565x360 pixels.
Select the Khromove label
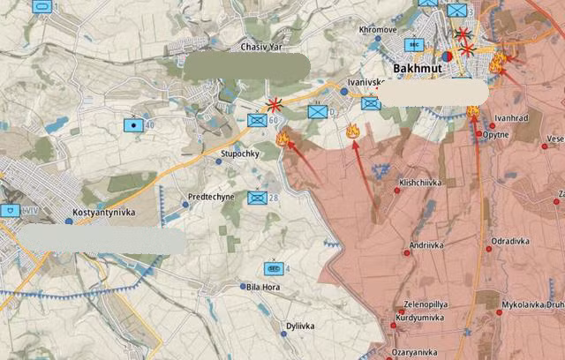(378, 30)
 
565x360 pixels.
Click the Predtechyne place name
(211, 198)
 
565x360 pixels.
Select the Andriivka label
(427, 245)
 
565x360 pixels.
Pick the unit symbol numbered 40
(134, 125)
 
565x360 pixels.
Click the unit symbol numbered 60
(257, 121)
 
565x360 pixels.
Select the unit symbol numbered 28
(257, 199)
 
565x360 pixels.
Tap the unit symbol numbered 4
(273, 268)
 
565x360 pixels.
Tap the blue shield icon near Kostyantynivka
(10, 211)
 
